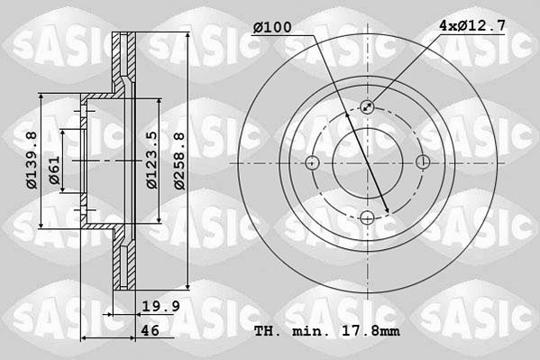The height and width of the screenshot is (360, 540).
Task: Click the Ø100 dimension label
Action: pyautogui.click(x=272, y=27)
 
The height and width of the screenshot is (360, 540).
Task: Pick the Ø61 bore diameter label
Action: pyautogui.click(x=54, y=171)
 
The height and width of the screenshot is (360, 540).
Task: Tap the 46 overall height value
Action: pyautogui.click(x=150, y=331)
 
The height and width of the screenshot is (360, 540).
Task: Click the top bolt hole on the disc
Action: pyautogui.click(x=368, y=107)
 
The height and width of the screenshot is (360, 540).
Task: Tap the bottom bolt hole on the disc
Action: pyautogui.click(x=368, y=217)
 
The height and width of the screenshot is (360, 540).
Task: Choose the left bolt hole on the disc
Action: pyautogui.click(x=313, y=162)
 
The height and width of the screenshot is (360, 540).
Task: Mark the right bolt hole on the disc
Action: pyautogui.click(x=423, y=162)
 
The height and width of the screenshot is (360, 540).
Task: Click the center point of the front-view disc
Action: pyautogui.click(x=368, y=162)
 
